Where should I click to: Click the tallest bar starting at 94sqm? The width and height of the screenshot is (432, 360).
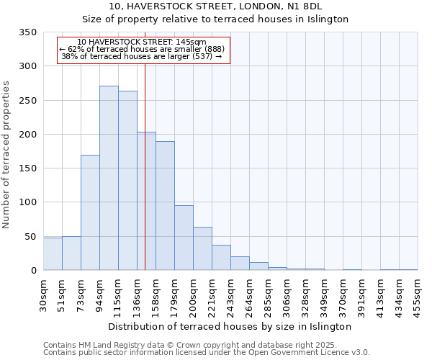(x=109, y=178)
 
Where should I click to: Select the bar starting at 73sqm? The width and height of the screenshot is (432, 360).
(x=90, y=212)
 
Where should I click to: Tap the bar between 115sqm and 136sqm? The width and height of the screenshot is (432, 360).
(x=127, y=181)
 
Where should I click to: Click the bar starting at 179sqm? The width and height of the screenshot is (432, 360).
(x=184, y=238)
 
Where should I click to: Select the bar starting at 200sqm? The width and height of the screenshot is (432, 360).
(x=202, y=248)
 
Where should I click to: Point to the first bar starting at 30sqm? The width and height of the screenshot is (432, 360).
(x=53, y=254)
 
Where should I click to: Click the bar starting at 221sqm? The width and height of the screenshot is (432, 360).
(x=221, y=258)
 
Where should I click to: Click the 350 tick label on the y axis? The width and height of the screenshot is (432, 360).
(x=27, y=32)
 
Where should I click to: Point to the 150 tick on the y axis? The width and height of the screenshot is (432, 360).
(x=27, y=168)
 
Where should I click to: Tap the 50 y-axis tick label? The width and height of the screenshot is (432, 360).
(x=30, y=237)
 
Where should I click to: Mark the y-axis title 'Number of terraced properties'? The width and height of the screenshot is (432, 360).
(x=6, y=155)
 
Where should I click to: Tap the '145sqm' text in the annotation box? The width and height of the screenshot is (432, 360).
(x=191, y=42)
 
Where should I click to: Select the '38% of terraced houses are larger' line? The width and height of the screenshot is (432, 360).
(x=142, y=57)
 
